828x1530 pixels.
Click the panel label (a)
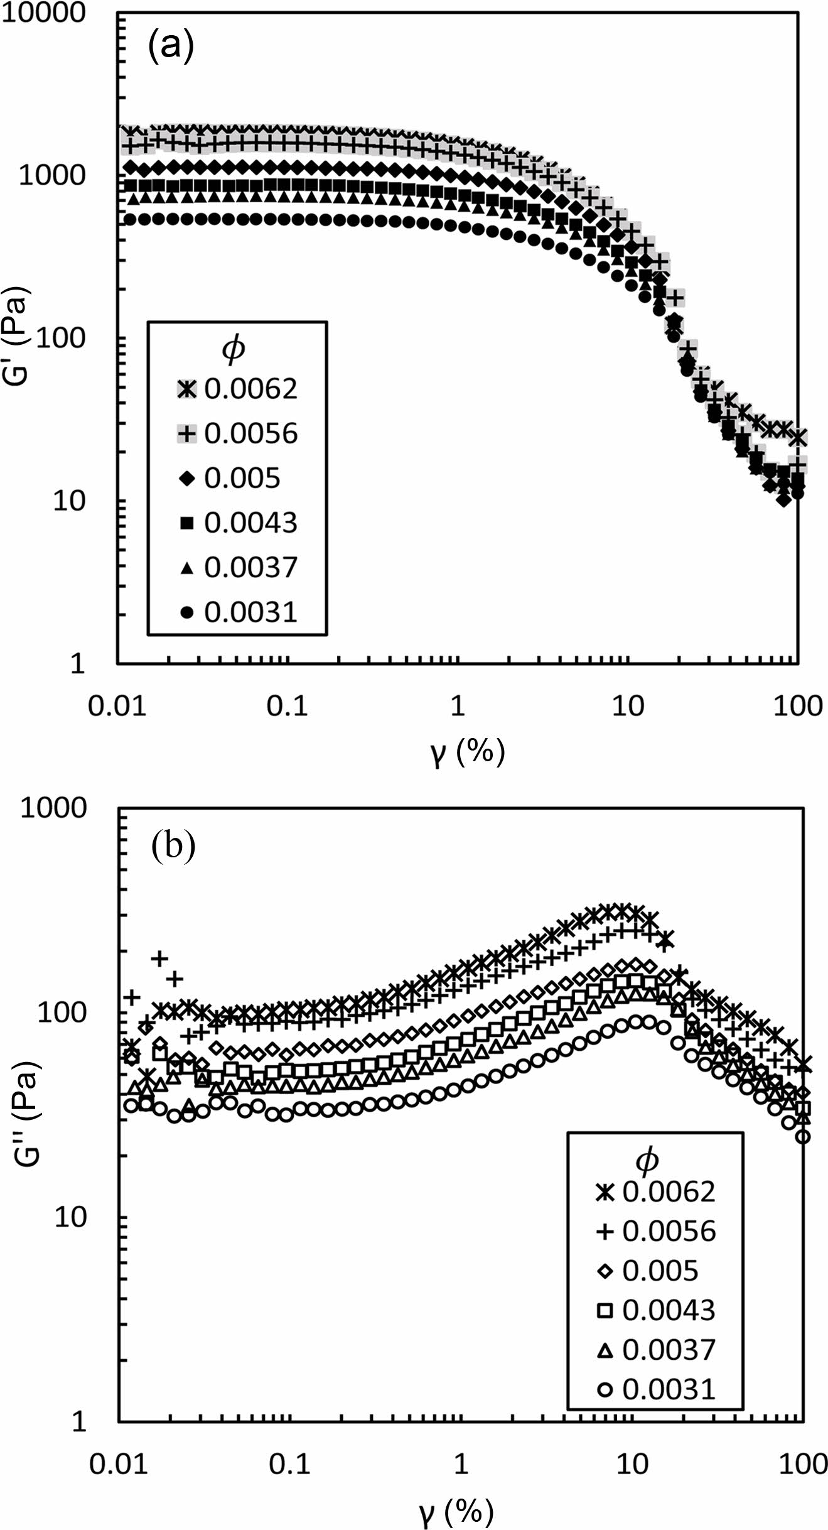171,47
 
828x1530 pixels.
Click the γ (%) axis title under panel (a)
468,752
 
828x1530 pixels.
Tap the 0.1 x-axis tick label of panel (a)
287,707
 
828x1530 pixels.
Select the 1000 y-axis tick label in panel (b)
53,808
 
